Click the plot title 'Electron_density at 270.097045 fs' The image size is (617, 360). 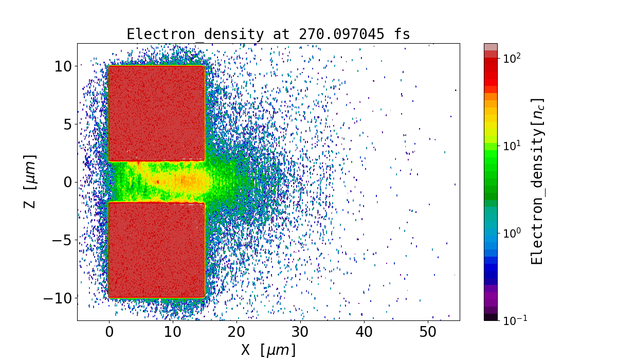coord(268,34)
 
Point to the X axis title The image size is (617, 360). coord(268,350)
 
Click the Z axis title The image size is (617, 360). coord(30,181)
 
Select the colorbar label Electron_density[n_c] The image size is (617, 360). coord(537,181)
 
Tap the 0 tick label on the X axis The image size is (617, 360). coord(109,332)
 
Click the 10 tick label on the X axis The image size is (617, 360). coord(173,332)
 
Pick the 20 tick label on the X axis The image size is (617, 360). coord(237,332)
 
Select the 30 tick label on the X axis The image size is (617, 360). coord(300,332)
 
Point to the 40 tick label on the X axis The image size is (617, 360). coord(364,332)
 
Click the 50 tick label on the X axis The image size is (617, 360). coord(428,332)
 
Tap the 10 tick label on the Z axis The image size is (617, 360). coord(64,66)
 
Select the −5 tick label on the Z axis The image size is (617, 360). coord(60,240)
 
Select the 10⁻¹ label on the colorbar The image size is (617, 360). coord(513,320)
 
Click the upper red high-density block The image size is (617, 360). coord(156,113)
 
